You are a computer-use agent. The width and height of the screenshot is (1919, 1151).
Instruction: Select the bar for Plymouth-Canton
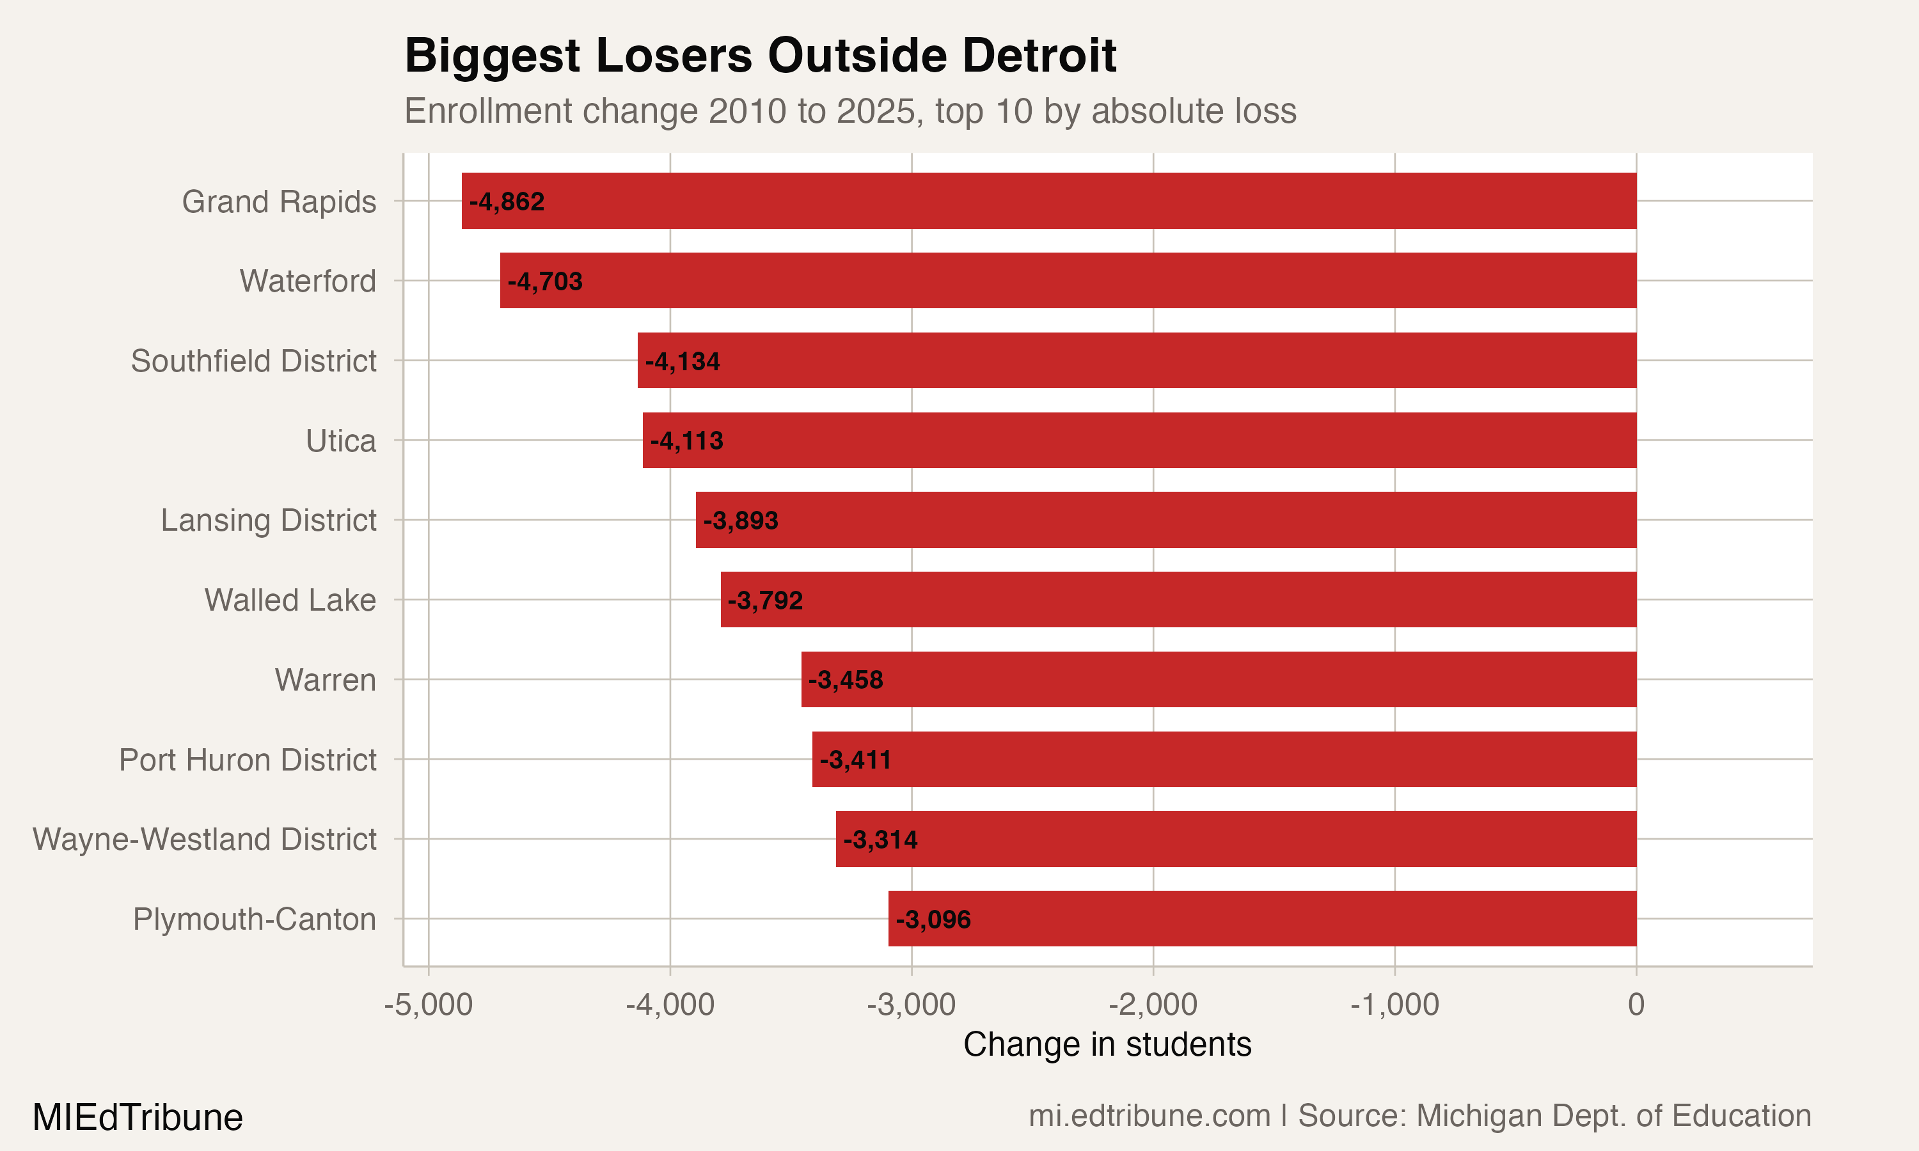1262,918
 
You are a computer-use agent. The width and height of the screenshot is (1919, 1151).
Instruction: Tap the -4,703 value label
544,281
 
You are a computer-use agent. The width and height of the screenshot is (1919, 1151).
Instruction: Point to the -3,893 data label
740,521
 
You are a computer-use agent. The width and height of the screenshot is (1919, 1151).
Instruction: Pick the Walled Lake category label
290,600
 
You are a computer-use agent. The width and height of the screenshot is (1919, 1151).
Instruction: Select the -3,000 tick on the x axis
911,1005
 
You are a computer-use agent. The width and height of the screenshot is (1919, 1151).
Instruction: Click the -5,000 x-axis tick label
428,1005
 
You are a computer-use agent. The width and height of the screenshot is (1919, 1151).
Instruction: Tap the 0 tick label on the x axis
1636,1005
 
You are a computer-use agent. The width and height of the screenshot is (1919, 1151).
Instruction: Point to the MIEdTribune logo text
138,1118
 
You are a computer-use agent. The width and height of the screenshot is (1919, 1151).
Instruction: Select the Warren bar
1219,680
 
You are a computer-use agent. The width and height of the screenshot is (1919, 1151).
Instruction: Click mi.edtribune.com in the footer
1149,1116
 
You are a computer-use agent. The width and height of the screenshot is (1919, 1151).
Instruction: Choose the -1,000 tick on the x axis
1394,1005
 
